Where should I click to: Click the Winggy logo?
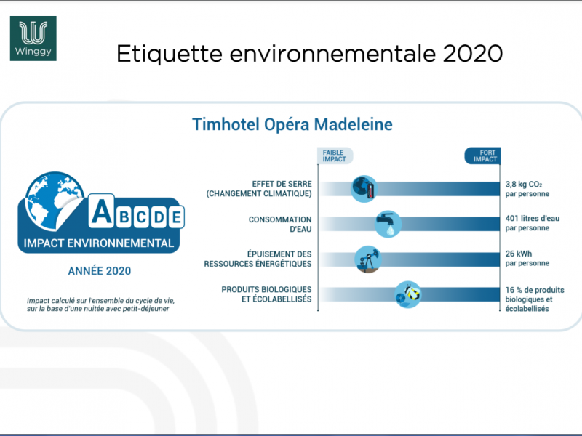[33, 39]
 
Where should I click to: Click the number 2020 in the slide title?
[472, 53]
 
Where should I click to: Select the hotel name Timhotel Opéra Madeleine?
[292, 124]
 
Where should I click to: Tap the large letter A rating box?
[101, 211]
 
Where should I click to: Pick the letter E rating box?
[176, 217]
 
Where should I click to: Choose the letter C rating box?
[141, 217]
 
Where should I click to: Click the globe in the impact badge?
[54, 201]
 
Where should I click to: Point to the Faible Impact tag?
[335, 156]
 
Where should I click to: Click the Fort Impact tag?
[483, 156]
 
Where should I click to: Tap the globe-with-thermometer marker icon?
[364, 189]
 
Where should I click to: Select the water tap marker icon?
[388, 224]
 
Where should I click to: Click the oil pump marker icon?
[368, 259]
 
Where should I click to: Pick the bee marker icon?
[408, 294]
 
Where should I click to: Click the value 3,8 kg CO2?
[524, 185]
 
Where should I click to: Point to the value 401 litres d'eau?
[533, 219]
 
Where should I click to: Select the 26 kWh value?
[519, 254]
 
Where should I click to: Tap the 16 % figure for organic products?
[514, 290]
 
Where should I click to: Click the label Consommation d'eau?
[280, 225]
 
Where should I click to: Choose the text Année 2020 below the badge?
[100, 271]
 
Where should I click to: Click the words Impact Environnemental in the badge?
[99, 243]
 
